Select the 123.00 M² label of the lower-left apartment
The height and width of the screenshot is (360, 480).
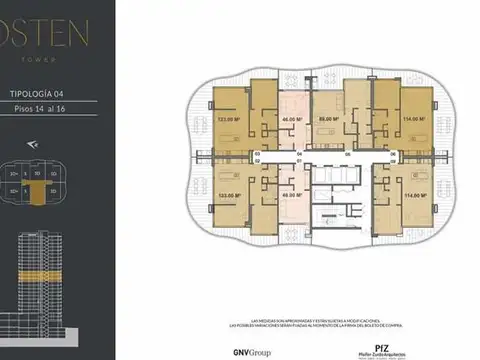(x=226, y=195)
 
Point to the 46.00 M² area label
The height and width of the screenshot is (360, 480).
(x=291, y=119)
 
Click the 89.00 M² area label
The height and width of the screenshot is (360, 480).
(x=327, y=119)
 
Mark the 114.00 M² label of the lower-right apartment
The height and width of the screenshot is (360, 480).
(x=409, y=195)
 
